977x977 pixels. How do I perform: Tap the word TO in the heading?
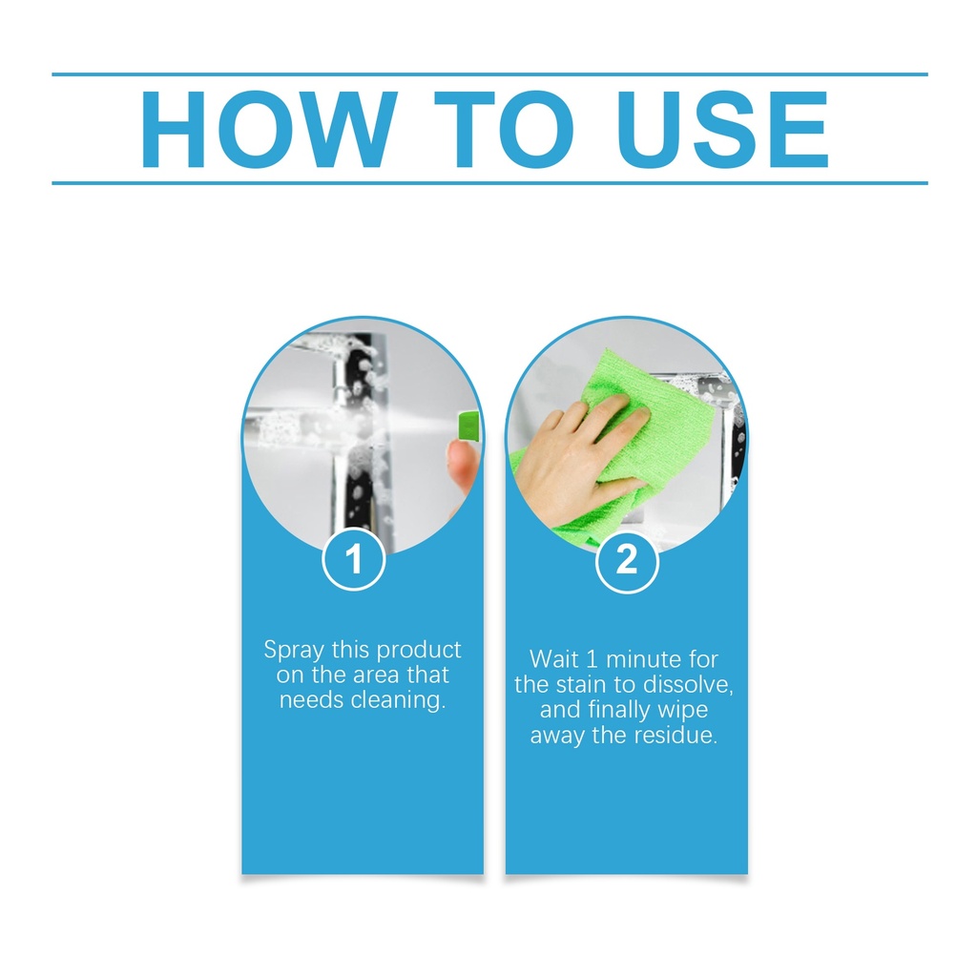[x=504, y=130]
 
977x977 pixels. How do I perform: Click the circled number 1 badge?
[x=354, y=559]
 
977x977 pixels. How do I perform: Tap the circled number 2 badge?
[x=627, y=560]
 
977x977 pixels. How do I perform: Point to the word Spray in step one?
[x=294, y=651]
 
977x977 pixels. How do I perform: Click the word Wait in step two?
[x=554, y=659]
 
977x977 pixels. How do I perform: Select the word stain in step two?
[x=581, y=685]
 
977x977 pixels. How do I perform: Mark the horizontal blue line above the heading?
[x=489, y=74]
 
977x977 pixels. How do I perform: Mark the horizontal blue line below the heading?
[x=489, y=183]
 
